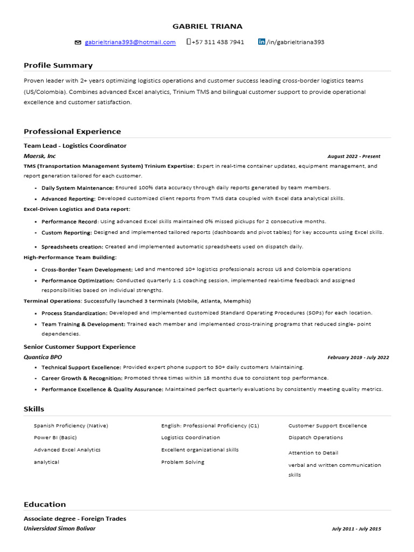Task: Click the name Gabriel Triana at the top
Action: [207, 26]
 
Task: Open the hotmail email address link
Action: [130, 42]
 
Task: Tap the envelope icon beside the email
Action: [78, 42]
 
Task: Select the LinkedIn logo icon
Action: [262, 42]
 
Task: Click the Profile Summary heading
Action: [58, 65]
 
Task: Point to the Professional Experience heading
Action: [72, 132]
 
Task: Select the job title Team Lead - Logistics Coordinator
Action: [75, 146]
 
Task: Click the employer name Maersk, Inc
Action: [39, 156]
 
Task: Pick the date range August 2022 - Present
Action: [354, 156]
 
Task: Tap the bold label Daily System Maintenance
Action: [78, 188]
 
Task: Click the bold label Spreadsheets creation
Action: [72, 246]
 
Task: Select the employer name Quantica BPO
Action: [43, 357]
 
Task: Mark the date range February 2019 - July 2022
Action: [358, 357]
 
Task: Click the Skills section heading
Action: [34, 409]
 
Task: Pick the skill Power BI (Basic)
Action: [55, 438]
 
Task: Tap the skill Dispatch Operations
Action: [315, 438]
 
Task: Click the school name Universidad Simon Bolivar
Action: [59, 528]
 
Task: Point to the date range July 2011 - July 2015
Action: [356, 529]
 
